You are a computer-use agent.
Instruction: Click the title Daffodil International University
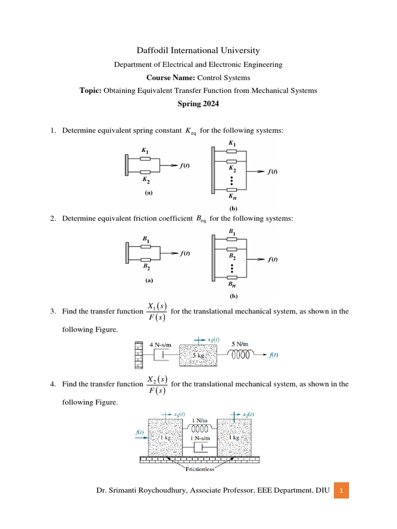click(198, 51)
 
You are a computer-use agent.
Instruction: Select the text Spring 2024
click(198, 103)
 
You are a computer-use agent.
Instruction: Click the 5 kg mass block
click(198, 356)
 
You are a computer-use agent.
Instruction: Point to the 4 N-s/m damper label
click(160, 345)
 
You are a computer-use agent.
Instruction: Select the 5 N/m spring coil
click(241, 355)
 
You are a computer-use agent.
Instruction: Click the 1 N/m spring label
click(200, 421)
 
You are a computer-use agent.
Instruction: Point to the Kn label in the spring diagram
click(232, 197)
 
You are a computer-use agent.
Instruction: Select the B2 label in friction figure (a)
click(146, 268)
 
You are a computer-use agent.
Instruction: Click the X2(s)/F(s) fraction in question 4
click(157, 384)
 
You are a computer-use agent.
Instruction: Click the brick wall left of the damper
click(138, 355)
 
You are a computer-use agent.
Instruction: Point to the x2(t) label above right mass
click(248, 414)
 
